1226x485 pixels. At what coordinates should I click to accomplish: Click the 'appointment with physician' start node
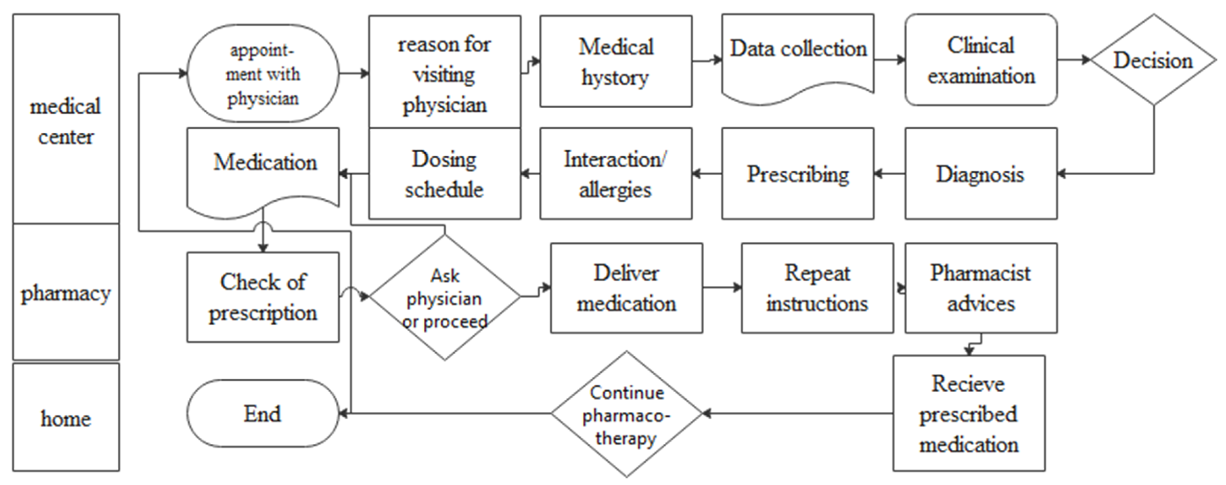click(263, 74)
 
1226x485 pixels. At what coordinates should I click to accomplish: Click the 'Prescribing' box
click(798, 174)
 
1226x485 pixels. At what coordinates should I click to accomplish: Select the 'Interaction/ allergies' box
click(616, 174)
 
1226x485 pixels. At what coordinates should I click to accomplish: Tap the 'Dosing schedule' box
click(445, 174)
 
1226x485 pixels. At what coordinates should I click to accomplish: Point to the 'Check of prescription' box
click(263, 297)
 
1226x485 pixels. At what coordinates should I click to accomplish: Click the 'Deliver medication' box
click(626, 288)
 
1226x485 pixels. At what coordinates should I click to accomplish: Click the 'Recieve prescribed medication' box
click(968, 413)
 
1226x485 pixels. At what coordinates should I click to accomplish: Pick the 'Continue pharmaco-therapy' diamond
click(626, 414)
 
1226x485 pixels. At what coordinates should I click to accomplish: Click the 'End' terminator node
click(263, 413)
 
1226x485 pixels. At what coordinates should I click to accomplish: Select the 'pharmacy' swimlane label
click(66, 292)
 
